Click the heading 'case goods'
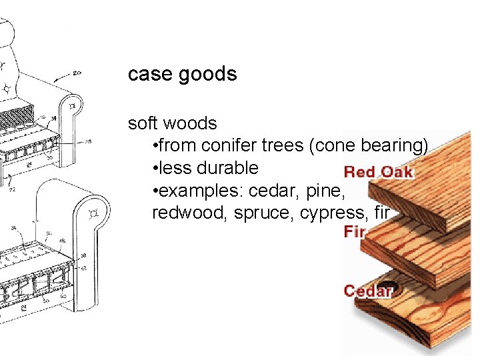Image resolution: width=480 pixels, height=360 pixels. point(182,73)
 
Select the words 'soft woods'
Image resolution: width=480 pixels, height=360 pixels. point(172,123)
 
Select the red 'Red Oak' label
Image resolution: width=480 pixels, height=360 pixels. point(379,172)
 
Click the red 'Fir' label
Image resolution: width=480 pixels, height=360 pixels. point(354,231)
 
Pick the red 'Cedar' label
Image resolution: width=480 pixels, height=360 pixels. point(367,291)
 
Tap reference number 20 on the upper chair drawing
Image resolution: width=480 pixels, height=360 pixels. point(76,73)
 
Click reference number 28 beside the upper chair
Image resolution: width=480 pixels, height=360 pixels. point(88,141)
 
